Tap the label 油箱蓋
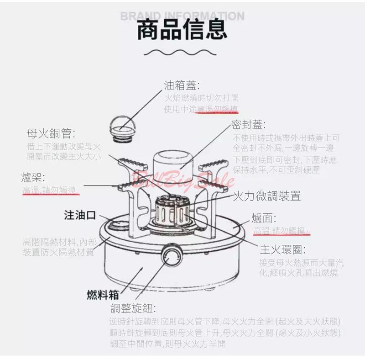pos(182,85)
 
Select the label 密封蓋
pos(249,124)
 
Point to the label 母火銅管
pos(51,133)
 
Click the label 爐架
pos(33,177)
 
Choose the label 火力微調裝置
pos(267,196)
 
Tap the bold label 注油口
pos(79,216)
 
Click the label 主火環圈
pos(282,250)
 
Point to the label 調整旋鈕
pos(133,308)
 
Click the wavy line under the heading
pos(182,51)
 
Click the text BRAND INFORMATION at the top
pos(182,16)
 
